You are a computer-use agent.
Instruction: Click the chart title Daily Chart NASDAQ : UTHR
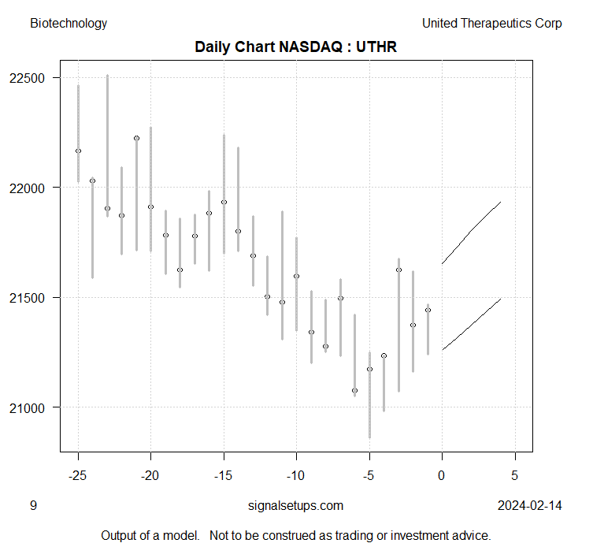[x=295, y=47]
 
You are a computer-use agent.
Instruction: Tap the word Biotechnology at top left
[x=69, y=23]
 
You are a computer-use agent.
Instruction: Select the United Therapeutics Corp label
[x=491, y=23]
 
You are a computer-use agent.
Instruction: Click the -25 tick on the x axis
[x=78, y=475]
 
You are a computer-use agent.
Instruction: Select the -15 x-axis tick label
[x=224, y=475]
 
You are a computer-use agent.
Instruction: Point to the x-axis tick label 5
[x=515, y=475]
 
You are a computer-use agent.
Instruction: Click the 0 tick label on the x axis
[x=443, y=475]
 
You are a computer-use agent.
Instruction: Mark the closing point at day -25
[x=78, y=151]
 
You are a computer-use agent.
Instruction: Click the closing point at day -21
[x=136, y=138]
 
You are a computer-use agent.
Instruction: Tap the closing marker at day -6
[x=354, y=390]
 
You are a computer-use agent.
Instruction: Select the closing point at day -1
[x=428, y=310]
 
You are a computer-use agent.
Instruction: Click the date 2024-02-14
[x=530, y=505]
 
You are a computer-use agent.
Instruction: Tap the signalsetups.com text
[x=295, y=505]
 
